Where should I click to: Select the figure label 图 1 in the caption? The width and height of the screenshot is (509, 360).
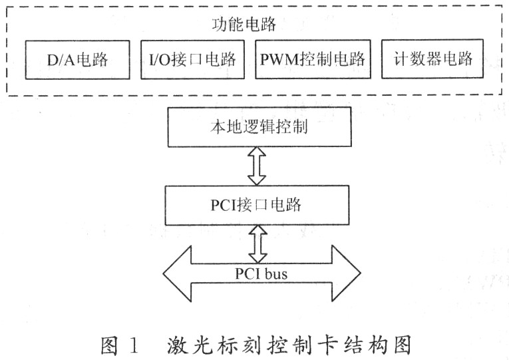[120, 346]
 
